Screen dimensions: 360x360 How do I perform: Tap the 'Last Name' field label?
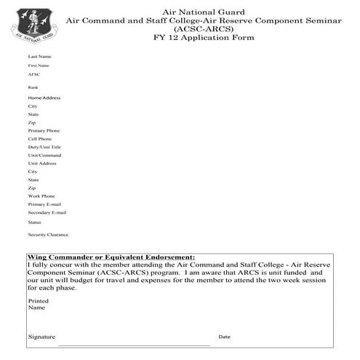tap(39, 57)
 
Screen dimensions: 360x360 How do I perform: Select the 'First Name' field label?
tap(39, 65)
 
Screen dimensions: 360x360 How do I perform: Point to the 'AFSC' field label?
tap(34, 74)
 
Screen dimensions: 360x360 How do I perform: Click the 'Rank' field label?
tap(33, 87)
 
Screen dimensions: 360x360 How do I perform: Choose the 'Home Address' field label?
tap(44, 97)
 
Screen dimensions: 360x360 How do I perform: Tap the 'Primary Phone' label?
tap(44, 131)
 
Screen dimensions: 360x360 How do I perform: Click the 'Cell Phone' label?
tap(40, 139)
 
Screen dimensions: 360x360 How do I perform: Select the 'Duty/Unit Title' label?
tap(44, 147)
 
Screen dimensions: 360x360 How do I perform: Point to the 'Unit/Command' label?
tap(44, 155)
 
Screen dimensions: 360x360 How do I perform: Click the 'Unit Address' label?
tap(42, 164)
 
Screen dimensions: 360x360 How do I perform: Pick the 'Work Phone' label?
tap(41, 196)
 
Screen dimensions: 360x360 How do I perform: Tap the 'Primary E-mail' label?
tap(44, 204)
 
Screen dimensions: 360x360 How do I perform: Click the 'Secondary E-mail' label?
tap(47, 213)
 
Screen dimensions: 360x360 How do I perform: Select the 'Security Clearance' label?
tap(48, 235)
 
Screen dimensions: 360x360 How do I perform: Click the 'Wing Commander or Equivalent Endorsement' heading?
tap(111, 257)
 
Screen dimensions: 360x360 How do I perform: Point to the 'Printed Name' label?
tap(38, 304)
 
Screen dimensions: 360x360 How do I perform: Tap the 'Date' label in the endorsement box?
tap(224, 337)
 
